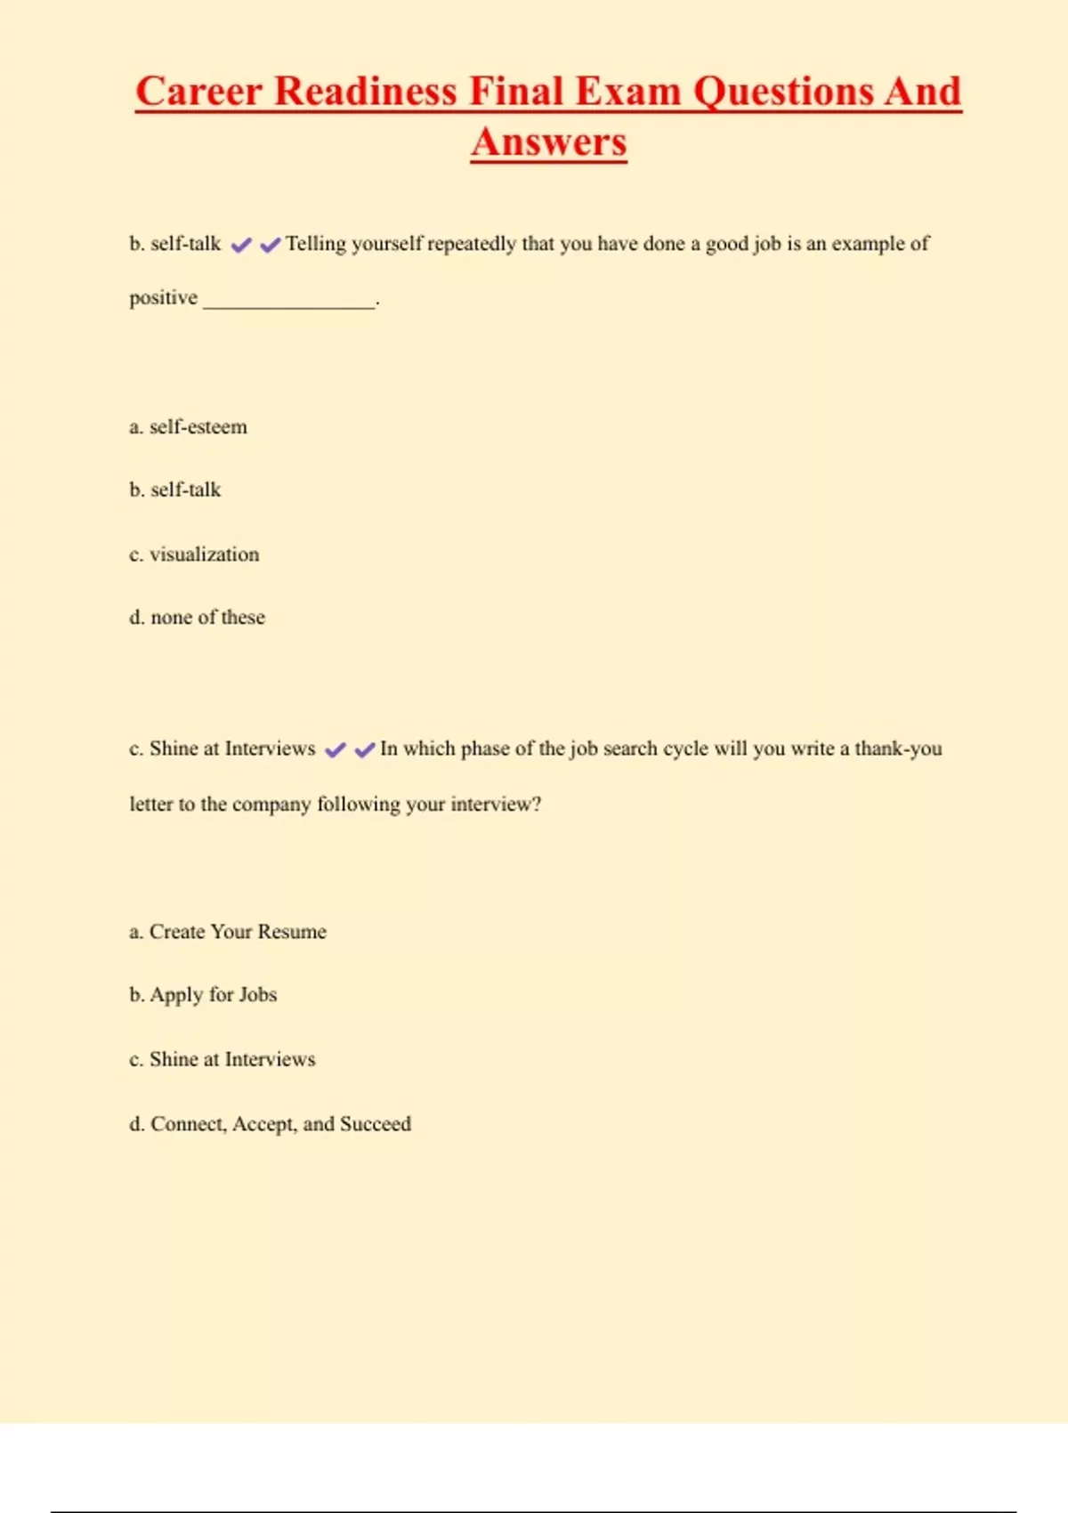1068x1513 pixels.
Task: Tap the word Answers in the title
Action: [549, 142]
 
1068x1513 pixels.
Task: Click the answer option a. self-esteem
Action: [188, 427]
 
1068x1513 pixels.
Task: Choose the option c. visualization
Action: [194, 554]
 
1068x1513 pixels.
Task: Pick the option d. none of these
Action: [197, 618]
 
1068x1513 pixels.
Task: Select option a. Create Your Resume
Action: [228, 932]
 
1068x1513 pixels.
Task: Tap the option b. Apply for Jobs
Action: [203, 995]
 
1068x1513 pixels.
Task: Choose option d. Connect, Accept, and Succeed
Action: [270, 1124]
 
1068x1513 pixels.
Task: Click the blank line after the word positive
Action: [289, 303]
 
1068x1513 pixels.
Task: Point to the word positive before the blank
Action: [164, 298]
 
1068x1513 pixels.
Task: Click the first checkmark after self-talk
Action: [241, 245]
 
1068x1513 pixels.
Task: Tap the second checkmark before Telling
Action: [270, 245]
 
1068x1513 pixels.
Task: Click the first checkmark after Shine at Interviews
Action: [336, 750]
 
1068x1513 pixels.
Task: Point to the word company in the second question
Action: [271, 805]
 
